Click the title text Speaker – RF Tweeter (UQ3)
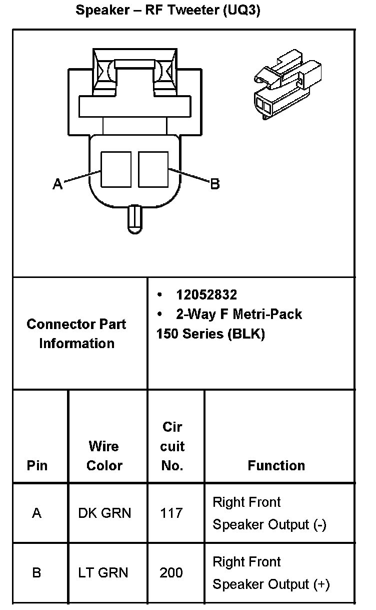coord(168,11)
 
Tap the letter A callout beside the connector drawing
coord(58,185)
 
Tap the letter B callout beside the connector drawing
coord(214,184)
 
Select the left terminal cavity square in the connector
coord(116,169)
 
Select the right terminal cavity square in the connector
coord(153,169)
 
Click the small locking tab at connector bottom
coord(134,219)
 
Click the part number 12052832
coord(206,294)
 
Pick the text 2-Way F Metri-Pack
coord(238,314)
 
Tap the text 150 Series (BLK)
coord(210,334)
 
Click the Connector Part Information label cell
coord(76,334)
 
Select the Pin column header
coord(37,465)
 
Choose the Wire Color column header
coord(104,456)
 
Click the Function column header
coord(276,466)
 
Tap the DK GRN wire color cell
coord(104,513)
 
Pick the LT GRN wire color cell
coord(103,572)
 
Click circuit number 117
coord(171,513)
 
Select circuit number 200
coord(171,572)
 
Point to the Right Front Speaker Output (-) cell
coord(269,513)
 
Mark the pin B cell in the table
coord(36,572)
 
